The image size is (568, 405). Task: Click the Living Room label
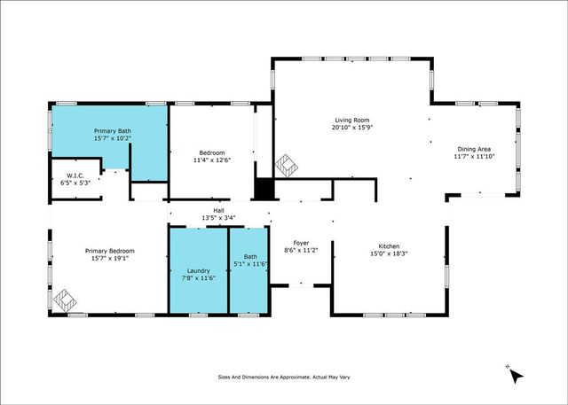point(351,120)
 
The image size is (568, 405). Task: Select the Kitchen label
point(389,245)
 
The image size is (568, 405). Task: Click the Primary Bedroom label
point(107,251)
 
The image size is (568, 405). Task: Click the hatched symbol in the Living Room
point(286,166)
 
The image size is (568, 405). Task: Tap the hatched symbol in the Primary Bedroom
point(64,300)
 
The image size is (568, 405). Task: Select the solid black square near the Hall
point(264,190)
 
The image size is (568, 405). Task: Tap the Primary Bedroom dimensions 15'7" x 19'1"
point(107,258)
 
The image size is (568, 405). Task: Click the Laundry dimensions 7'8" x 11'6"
point(198,279)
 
